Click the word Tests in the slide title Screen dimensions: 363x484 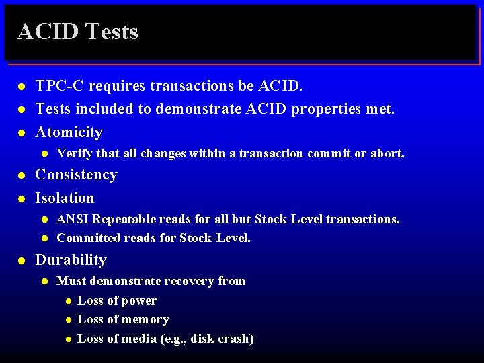tap(112, 32)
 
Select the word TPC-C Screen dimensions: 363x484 tap(60, 86)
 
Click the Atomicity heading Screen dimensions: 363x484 tap(69, 132)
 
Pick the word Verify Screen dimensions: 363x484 tap(74, 153)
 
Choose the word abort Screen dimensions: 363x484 tap(387, 153)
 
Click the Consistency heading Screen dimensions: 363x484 tap(76, 175)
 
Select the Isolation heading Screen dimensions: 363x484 tap(65, 198)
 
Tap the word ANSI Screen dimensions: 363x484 tap(73, 219)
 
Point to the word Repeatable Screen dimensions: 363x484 tap(122, 219)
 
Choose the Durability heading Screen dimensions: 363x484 tap(71, 260)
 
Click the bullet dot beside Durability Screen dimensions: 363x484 tap(22, 261)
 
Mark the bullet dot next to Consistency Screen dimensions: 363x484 tap(22, 175)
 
